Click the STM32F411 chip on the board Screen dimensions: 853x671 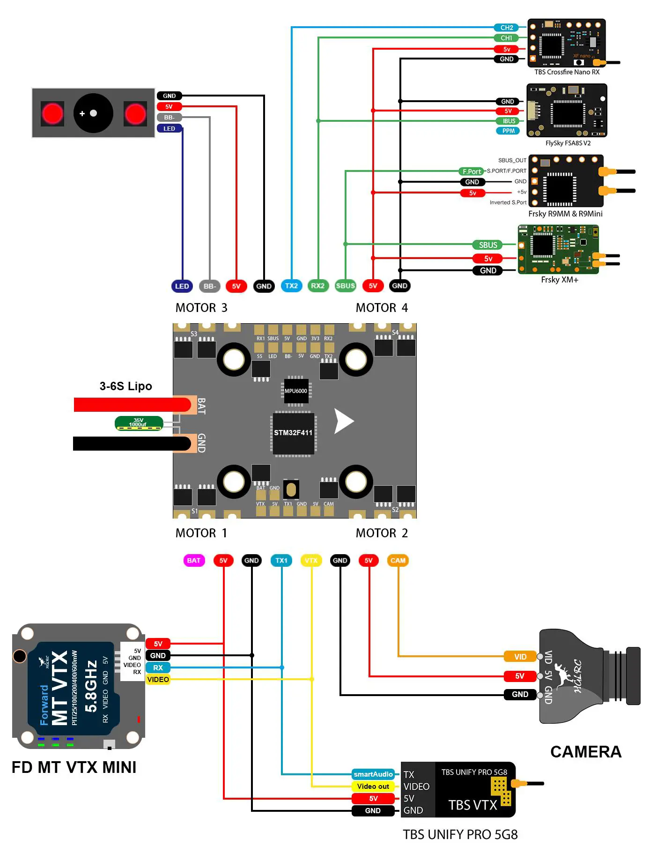click(x=293, y=433)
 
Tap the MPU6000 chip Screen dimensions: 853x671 click(x=296, y=391)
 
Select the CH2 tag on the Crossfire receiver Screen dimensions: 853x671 click(x=506, y=28)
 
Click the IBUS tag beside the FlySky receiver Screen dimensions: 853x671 click(x=509, y=121)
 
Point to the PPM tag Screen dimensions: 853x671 click(x=508, y=131)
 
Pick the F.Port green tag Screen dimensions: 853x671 click(x=472, y=171)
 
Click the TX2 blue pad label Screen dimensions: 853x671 click(x=291, y=286)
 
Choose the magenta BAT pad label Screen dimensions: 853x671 click(x=194, y=560)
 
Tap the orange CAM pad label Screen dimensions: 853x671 click(x=398, y=560)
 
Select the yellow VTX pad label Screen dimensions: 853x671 click(x=311, y=560)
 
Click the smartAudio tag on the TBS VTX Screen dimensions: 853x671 click(x=373, y=774)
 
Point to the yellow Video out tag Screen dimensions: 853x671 click(x=373, y=786)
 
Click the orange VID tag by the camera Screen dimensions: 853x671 click(x=520, y=657)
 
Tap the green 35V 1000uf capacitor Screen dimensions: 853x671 click(x=139, y=423)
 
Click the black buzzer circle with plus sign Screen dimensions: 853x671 click(x=93, y=113)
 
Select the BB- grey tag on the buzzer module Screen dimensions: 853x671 click(x=169, y=118)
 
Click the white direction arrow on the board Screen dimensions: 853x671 click(x=343, y=421)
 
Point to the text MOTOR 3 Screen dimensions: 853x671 click(x=201, y=308)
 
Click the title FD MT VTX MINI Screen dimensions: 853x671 click(x=74, y=767)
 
